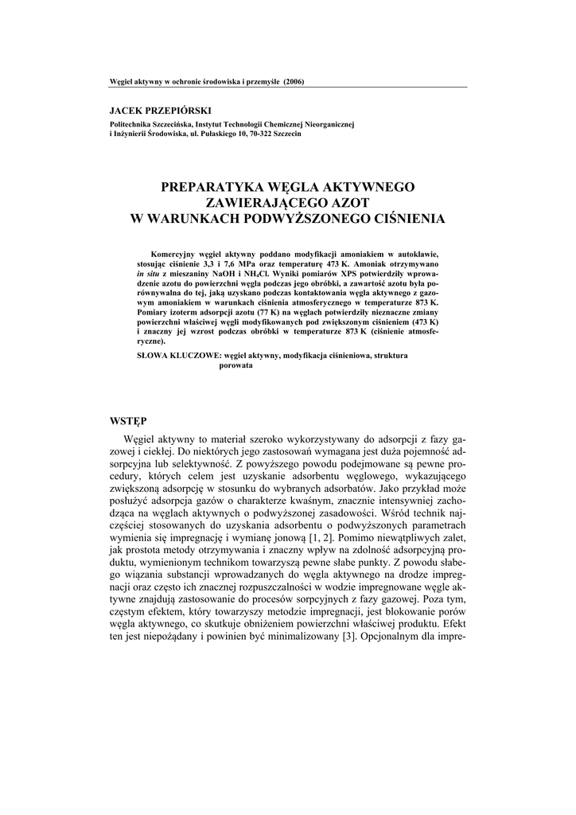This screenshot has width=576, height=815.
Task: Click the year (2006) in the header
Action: click(293, 82)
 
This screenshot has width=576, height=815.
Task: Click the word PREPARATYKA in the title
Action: click(207, 188)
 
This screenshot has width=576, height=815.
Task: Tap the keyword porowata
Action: click(235, 365)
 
